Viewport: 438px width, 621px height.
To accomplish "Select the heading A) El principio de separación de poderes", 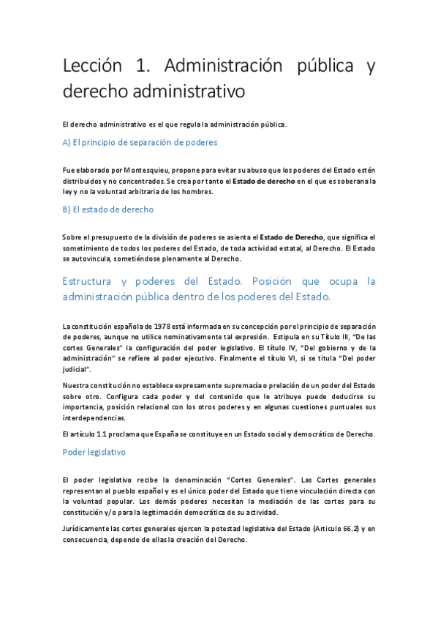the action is tap(140, 142).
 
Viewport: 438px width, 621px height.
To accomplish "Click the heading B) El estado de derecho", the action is tap(108, 209).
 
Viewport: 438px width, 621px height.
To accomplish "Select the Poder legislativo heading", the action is tap(94, 453).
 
